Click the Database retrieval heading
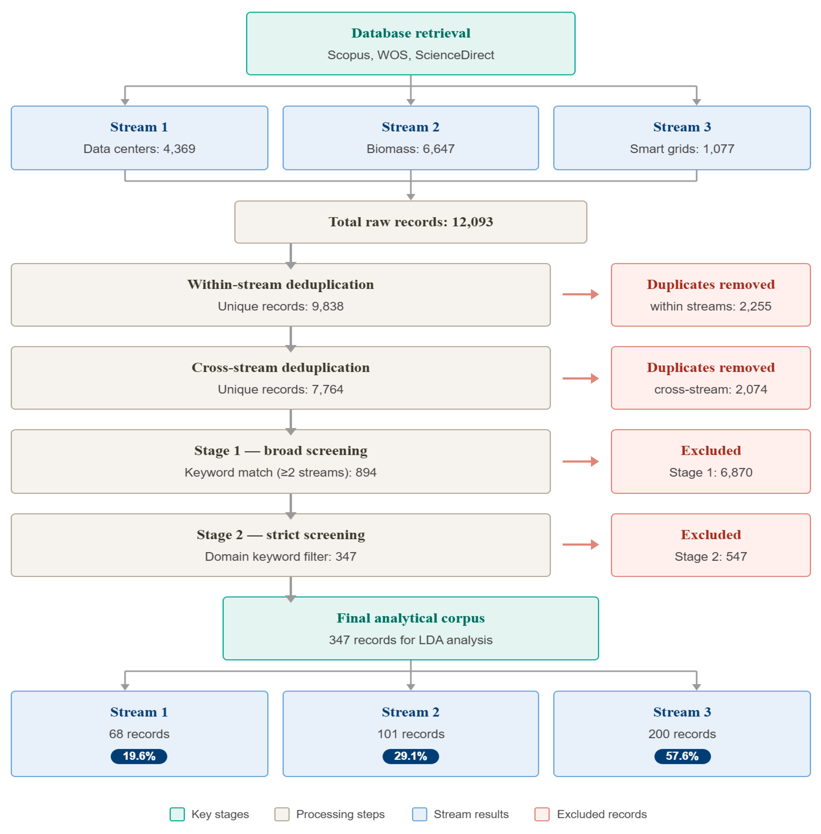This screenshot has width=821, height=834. (410, 33)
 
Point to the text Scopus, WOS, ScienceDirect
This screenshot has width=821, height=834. (410, 55)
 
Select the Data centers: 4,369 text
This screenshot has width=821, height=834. (139, 149)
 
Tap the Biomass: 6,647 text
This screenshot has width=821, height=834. (410, 149)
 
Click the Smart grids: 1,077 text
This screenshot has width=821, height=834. (682, 149)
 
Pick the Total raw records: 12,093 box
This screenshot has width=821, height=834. (410, 222)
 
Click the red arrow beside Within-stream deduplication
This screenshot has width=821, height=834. (580, 294)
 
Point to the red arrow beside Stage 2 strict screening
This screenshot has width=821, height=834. (580, 544)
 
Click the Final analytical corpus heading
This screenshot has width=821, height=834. (410, 618)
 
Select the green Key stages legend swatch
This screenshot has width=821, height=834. (177, 814)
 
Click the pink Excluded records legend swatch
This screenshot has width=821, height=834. (542, 814)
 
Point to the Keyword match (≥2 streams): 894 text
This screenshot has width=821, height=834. (280, 472)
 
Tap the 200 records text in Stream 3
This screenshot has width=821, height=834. (682, 734)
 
